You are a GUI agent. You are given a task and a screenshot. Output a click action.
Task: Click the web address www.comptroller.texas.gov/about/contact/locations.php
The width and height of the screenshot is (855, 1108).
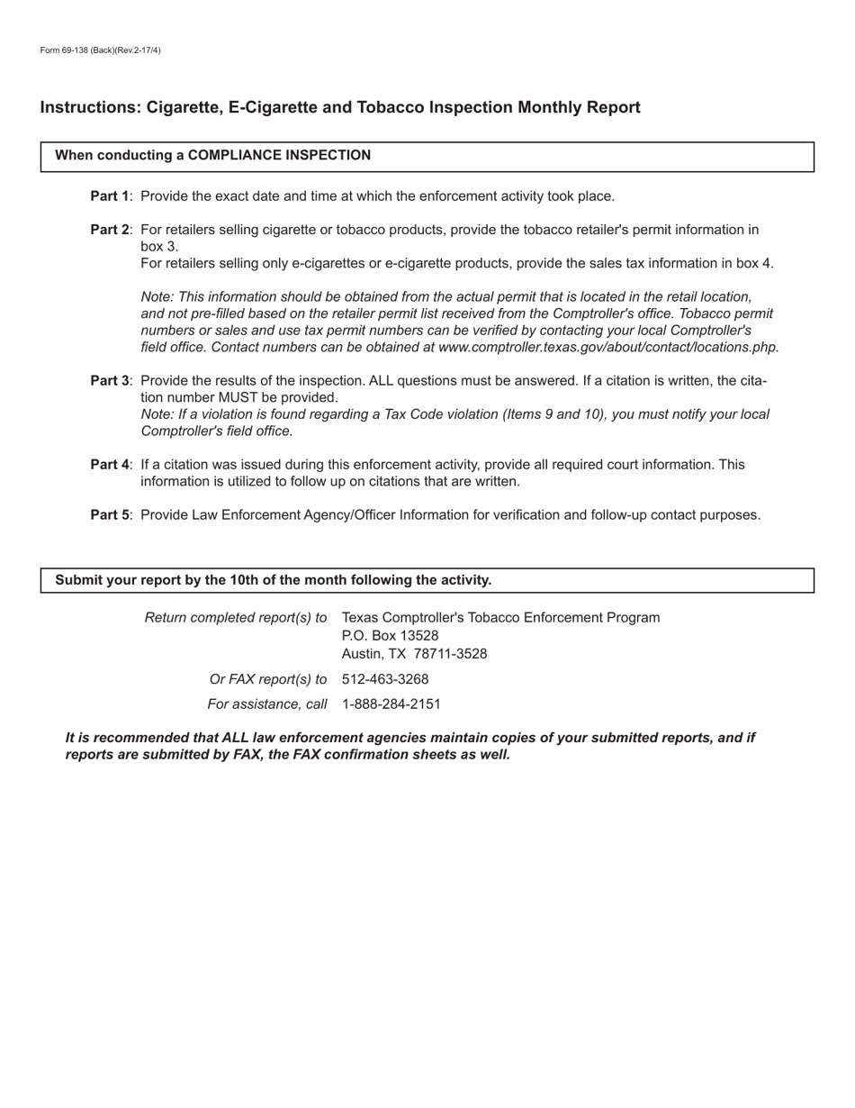(607, 348)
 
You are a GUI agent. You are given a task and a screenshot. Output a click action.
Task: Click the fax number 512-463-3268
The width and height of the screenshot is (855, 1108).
(385, 679)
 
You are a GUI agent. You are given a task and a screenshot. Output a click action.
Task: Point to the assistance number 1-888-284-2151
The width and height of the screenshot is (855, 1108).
(391, 704)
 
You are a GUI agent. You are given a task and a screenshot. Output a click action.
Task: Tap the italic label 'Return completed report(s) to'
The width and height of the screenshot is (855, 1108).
(236, 618)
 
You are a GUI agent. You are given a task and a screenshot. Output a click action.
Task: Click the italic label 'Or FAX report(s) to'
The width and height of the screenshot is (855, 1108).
(267, 679)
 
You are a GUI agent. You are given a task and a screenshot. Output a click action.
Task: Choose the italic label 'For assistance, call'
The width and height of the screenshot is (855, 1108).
(266, 704)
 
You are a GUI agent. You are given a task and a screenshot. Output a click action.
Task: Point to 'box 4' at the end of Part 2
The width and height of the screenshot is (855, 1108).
(753, 264)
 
